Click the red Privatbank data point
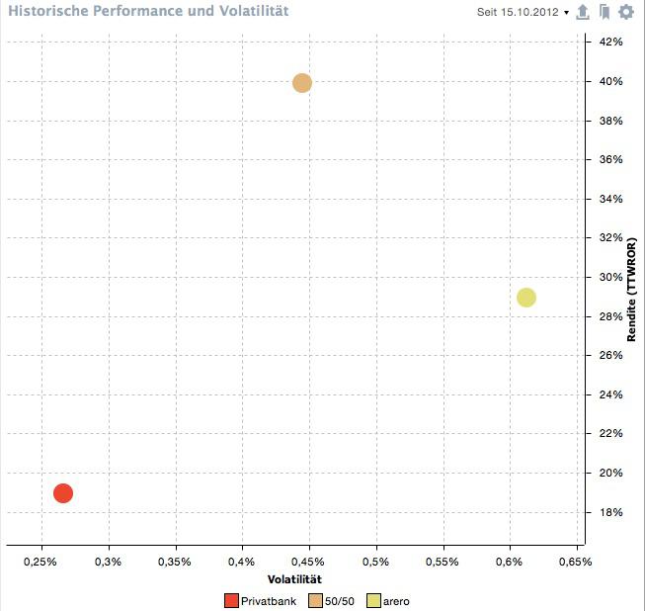click(63, 492)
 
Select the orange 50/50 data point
click(302, 83)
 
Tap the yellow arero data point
click(526, 298)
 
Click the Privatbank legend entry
click(261, 600)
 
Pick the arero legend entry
click(392, 600)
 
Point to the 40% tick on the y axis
click(609, 81)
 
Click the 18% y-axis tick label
click(609, 512)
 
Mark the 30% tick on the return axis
click(609, 277)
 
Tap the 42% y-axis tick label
click(609, 43)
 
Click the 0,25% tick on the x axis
click(41, 562)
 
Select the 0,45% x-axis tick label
click(309, 562)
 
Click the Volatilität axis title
click(295, 578)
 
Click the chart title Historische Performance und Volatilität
click(148, 12)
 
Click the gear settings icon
click(626, 12)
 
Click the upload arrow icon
click(583, 12)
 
